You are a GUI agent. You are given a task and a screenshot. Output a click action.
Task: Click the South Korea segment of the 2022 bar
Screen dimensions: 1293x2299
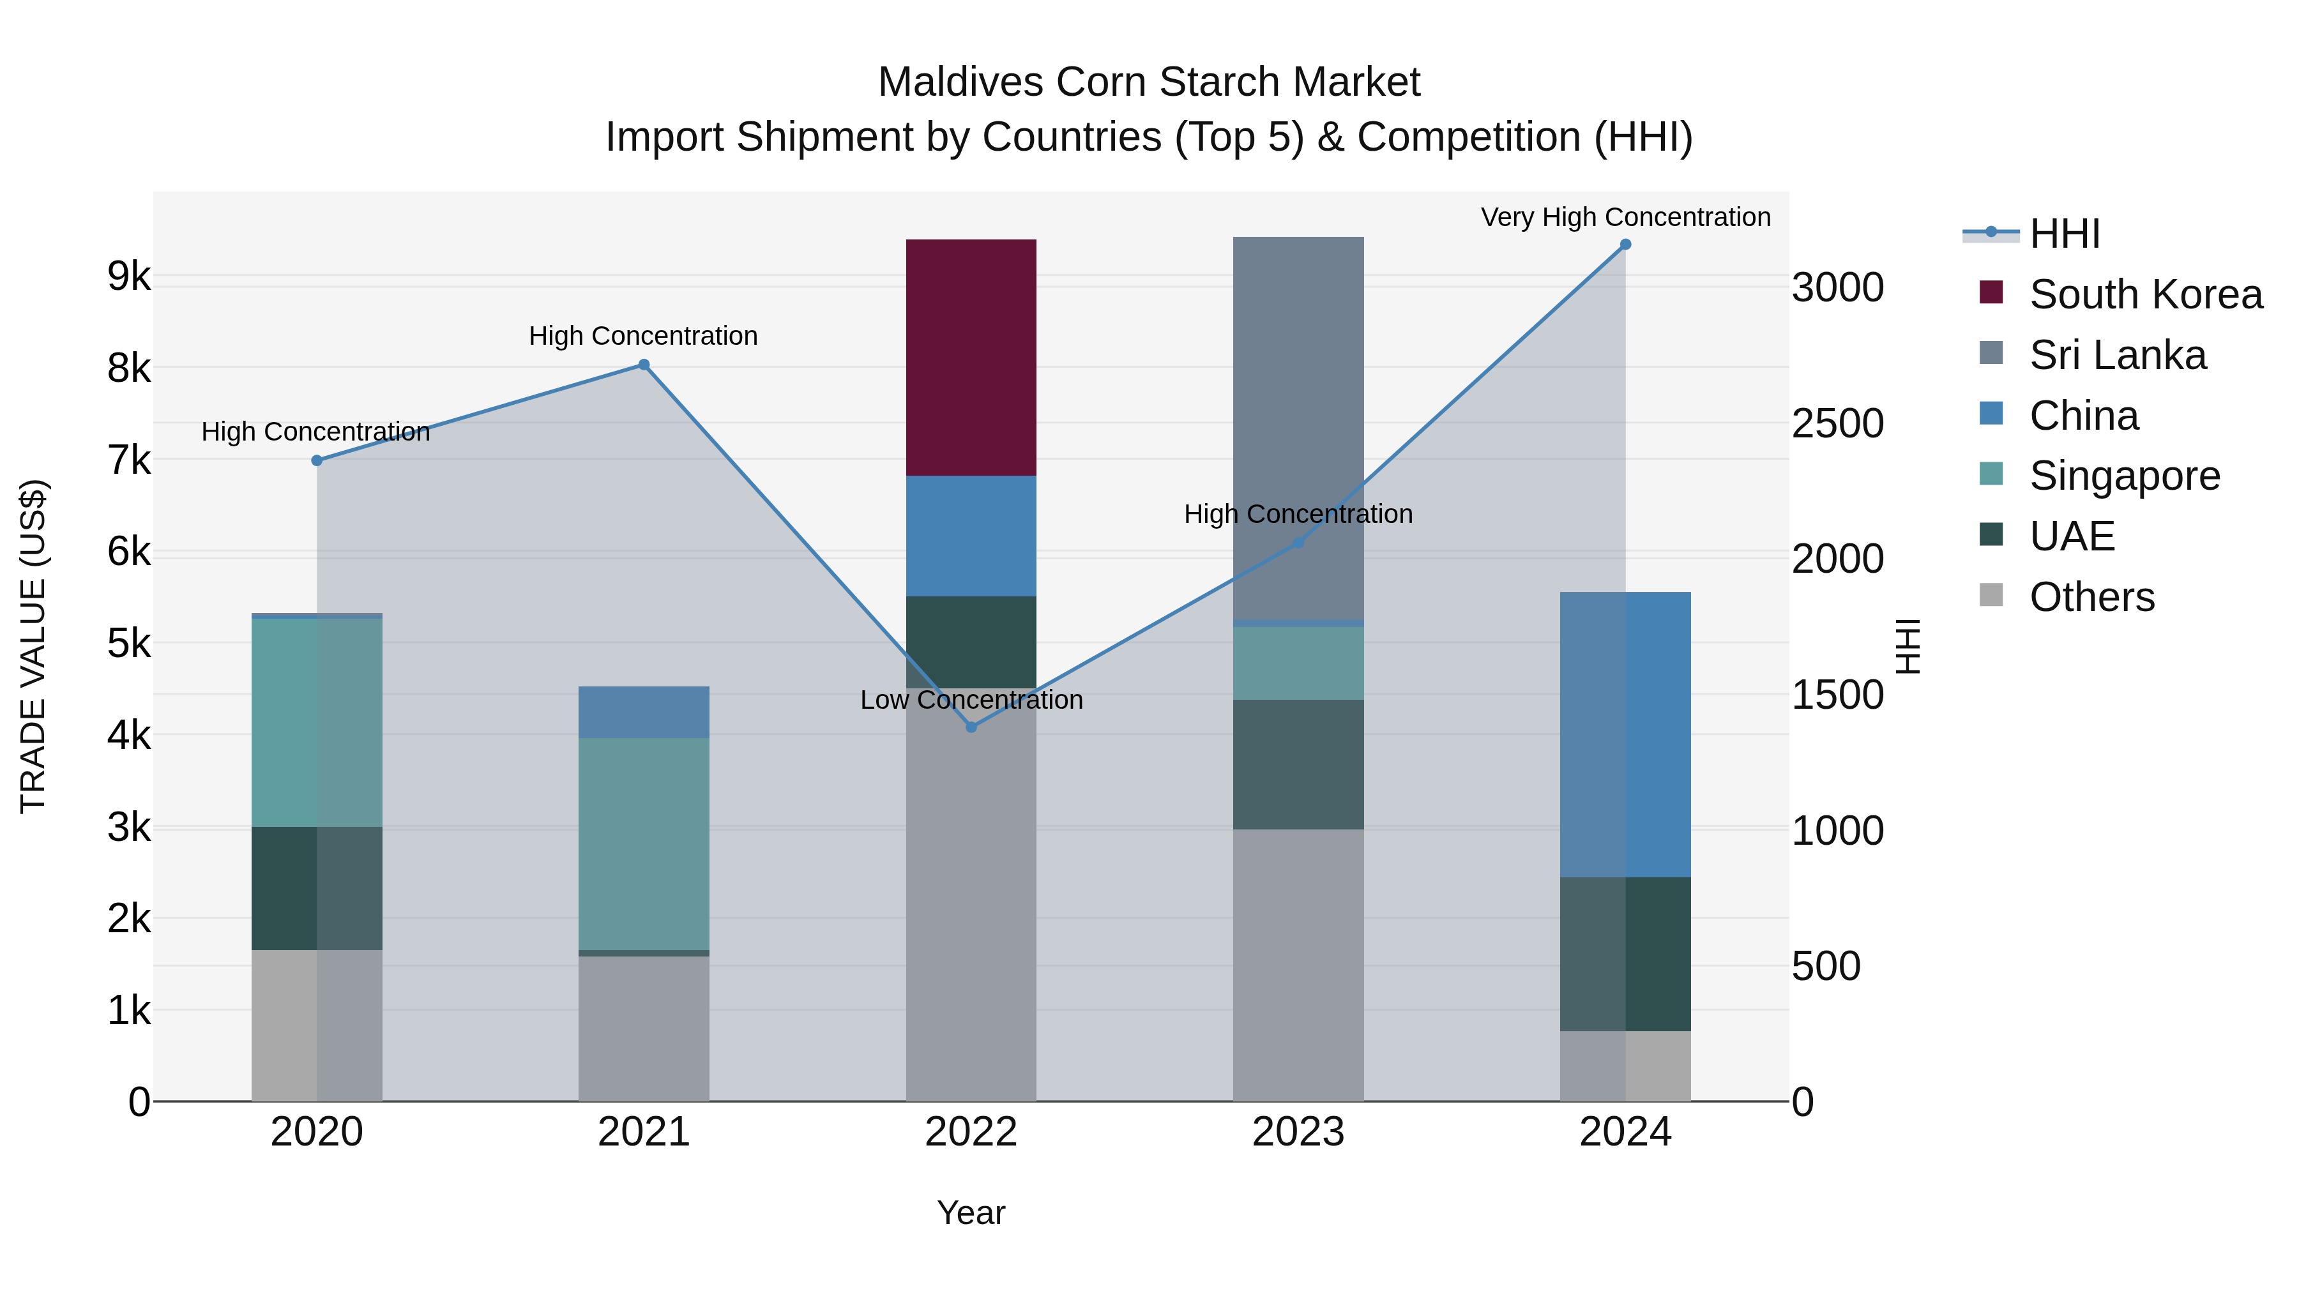pyautogui.click(x=971, y=357)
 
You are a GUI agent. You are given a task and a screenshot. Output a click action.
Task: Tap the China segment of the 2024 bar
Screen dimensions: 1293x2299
pyautogui.click(x=1625, y=734)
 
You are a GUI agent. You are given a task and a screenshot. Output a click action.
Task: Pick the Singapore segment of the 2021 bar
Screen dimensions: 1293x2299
pyautogui.click(x=644, y=843)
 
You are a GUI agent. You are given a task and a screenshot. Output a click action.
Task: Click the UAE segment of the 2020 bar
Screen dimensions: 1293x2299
pyautogui.click(x=317, y=888)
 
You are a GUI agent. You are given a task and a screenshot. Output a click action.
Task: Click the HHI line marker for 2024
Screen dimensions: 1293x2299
pyautogui.click(x=1625, y=245)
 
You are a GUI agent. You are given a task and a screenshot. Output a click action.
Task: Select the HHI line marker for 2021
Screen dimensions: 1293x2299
pyautogui.click(x=644, y=364)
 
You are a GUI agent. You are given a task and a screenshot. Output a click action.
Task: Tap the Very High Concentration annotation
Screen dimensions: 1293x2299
pyautogui.click(x=1625, y=217)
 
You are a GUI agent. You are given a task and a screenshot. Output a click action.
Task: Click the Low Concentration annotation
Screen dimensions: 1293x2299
pyautogui.click(x=971, y=700)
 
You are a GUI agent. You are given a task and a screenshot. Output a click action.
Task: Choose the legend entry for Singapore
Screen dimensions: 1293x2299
pyautogui.click(x=2124, y=476)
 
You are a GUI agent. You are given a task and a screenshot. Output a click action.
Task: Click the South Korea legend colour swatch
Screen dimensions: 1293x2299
pyautogui.click(x=1991, y=292)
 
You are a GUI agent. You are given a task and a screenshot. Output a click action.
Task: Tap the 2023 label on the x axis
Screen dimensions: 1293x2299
pyautogui.click(x=1298, y=1132)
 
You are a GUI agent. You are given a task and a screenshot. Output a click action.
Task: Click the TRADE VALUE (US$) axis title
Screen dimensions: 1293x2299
pyautogui.click(x=33, y=646)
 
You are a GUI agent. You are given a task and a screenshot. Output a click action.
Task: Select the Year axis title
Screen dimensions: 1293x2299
pyautogui.click(x=971, y=1213)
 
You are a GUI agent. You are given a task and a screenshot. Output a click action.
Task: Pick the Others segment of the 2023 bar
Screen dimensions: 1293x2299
pyautogui.click(x=1298, y=964)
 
